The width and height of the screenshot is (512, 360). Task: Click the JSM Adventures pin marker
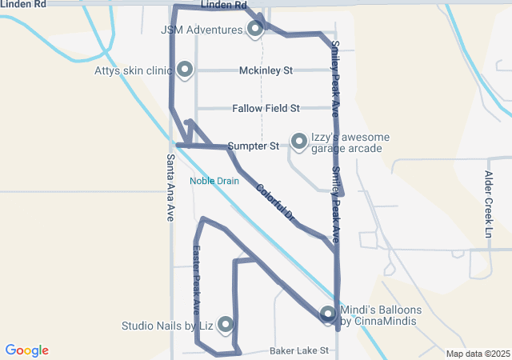tap(255, 30)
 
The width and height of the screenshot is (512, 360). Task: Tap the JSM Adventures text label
tap(201, 30)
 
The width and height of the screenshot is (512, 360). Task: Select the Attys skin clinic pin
tap(186, 70)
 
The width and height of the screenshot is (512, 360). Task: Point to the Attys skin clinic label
tap(133, 70)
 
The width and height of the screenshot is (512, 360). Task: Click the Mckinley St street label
tap(266, 70)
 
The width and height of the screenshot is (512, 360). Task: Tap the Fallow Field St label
tap(266, 108)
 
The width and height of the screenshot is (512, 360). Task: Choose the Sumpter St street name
tap(253, 146)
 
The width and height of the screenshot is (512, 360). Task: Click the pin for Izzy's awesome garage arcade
tap(299, 141)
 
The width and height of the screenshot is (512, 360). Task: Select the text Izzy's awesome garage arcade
tap(350, 143)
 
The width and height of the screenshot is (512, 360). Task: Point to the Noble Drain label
tap(214, 181)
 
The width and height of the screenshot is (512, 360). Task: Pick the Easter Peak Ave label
tap(197, 278)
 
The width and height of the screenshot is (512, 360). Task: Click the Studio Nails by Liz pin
tap(226, 324)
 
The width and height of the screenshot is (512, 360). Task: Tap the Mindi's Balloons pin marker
tap(328, 314)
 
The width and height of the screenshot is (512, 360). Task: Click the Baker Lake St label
tap(299, 350)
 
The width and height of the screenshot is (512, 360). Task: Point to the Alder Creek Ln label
tap(489, 204)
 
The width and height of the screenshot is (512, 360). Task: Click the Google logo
tap(26, 350)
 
